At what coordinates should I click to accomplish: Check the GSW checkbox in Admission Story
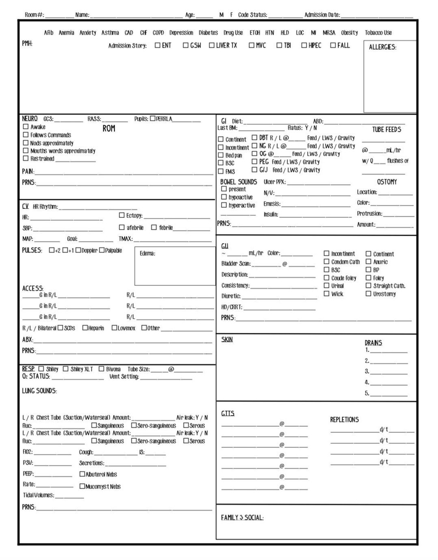[x=185, y=45]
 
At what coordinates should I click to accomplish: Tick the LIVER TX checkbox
[x=212, y=45]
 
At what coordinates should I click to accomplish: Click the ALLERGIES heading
[x=382, y=47]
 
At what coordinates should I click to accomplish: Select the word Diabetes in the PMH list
[x=208, y=33]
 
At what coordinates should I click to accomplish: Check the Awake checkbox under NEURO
[x=26, y=127]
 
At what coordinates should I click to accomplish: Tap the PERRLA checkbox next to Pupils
[x=152, y=119]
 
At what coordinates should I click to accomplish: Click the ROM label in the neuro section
[x=109, y=128]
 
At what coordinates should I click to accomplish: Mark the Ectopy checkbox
[x=122, y=215]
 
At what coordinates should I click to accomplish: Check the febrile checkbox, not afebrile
[x=154, y=228]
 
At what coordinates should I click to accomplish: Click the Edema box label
[x=147, y=253]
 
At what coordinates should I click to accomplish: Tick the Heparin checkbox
[x=85, y=328]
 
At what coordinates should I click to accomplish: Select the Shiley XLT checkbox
[x=66, y=369]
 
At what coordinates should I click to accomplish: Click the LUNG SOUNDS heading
[x=39, y=391]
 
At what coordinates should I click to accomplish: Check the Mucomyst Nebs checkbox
[x=82, y=486]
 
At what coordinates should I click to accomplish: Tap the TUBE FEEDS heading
[x=386, y=130]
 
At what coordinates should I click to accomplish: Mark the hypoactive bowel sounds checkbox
[x=224, y=197]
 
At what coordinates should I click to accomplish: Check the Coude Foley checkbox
[x=326, y=278]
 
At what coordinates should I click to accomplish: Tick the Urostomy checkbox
[x=368, y=294]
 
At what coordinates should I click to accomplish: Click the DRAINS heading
[x=373, y=343]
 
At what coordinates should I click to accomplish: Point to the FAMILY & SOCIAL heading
[x=242, y=517]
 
